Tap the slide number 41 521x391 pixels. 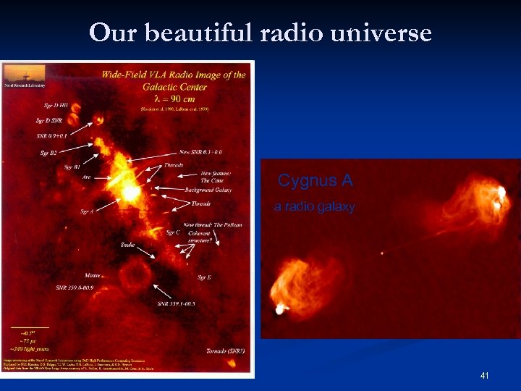(484, 376)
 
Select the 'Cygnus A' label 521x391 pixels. (305, 180)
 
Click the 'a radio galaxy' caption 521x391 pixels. (314, 207)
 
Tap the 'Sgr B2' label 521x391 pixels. (48, 152)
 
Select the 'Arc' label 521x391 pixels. (88, 176)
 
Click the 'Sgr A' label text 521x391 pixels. (87, 212)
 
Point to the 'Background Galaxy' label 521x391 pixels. (208, 190)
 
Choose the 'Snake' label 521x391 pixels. (127, 245)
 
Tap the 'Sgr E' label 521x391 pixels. (204, 277)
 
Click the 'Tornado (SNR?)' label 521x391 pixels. (224, 350)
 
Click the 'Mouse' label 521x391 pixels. (93, 276)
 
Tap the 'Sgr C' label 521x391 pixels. (172, 232)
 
